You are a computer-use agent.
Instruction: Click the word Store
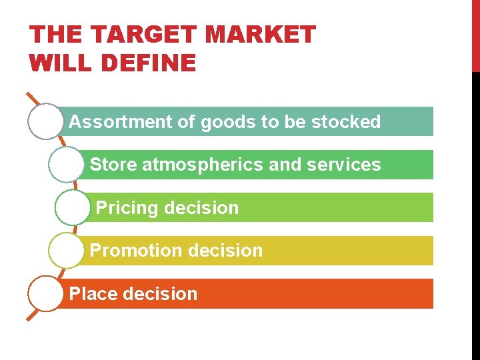[113, 165]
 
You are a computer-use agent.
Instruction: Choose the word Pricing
[127, 208]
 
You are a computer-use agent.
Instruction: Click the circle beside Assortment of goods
[45, 121]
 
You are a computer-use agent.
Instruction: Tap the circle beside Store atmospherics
[66, 165]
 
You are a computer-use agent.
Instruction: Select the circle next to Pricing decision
[73, 208]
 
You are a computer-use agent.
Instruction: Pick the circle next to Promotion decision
[66, 251]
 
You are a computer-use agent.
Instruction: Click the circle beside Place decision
[45, 294]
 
